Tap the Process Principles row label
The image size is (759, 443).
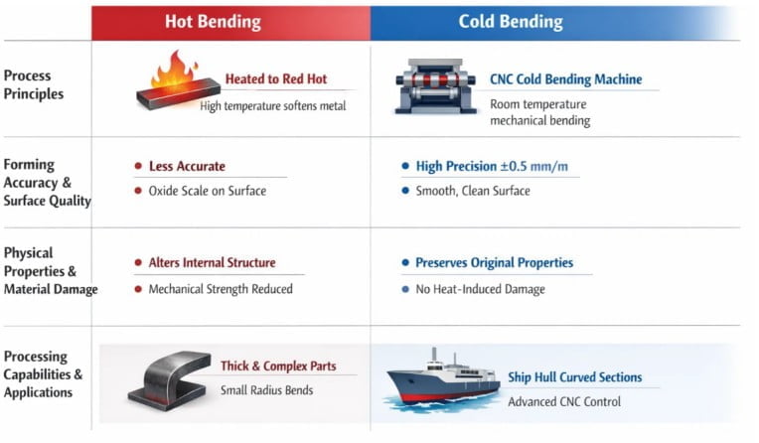point(34,84)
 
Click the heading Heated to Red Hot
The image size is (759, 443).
point(276,78)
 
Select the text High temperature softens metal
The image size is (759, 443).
point(273,106)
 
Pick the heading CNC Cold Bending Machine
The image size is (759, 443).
point(566,79)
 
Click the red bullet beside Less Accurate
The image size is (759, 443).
point(138,166)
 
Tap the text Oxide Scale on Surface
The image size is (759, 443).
point(208,191)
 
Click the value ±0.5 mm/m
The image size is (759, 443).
point(533,167)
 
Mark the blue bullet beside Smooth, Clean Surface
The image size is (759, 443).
point(405,191)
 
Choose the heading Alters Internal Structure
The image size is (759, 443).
point(212,263)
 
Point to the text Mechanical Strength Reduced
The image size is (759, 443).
point(221,289)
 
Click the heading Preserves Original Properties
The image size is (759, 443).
point(494,263)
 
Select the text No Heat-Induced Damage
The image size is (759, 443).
point(480,289)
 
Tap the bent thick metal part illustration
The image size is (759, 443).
point(170,380)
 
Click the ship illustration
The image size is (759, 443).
point(442,380)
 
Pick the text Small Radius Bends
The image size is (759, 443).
point(266,390)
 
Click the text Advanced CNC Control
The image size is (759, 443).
point(564,402)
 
